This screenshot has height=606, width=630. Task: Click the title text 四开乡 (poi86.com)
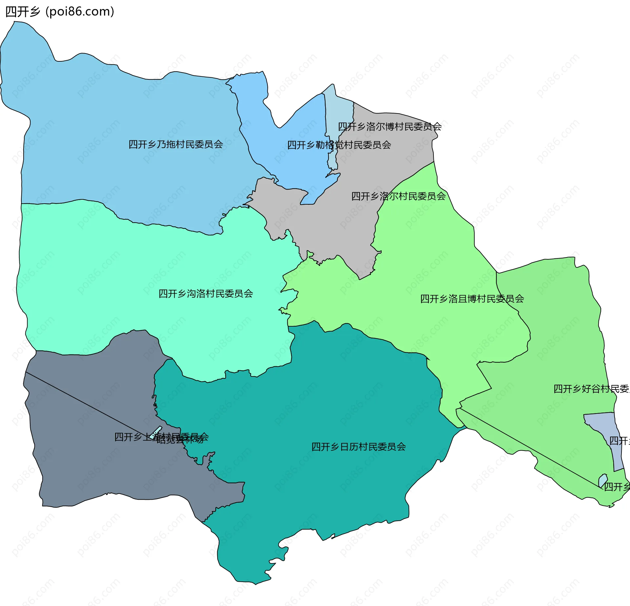coord(60,11)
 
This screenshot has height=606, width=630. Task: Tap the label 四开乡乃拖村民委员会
coord(176,144)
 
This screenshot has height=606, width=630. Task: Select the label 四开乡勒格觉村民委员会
coord(339,145)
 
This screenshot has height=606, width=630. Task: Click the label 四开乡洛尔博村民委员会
coord(389,127)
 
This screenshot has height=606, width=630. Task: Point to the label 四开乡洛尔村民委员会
coord(398,196)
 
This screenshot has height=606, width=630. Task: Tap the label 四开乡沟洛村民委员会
coord(206,293)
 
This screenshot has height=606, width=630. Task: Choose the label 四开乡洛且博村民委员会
coord(472,299)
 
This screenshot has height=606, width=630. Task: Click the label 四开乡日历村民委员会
coord(358,447)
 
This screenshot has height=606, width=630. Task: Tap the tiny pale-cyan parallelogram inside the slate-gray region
coord(156,432)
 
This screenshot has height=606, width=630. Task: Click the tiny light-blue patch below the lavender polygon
coord(602,480)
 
